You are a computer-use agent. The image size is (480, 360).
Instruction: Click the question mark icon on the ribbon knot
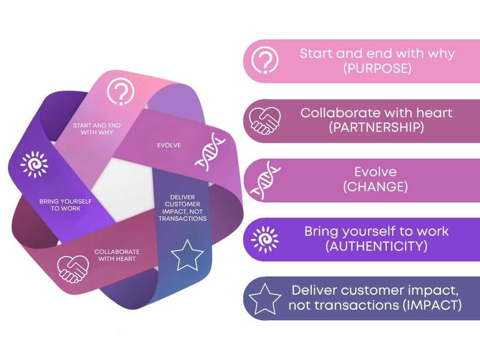coord(121,92)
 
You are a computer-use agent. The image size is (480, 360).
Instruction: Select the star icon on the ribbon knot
coord(187,254)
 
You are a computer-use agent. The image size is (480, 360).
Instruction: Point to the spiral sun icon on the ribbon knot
coord(34,164)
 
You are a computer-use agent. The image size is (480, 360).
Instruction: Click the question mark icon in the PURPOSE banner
coord(265,61)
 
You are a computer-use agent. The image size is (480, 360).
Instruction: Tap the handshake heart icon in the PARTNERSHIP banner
coord(265,121)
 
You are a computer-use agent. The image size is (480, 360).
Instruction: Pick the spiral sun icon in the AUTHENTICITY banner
coord(265,239)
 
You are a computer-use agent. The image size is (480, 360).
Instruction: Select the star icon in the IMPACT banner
coord(265,299)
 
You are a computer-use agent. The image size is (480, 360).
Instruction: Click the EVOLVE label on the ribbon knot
coord(169,145)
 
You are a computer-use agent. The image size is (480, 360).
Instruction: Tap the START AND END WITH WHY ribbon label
coord(97,129)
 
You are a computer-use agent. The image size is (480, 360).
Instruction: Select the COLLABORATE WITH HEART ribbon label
coord(117,255)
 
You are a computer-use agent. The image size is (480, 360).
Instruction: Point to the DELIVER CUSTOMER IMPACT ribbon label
coord(183,207)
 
